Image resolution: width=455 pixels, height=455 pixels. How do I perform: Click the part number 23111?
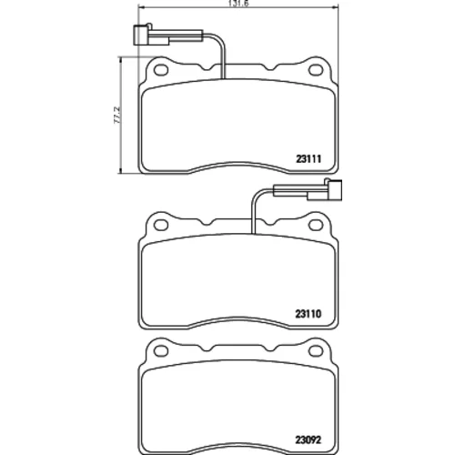308,158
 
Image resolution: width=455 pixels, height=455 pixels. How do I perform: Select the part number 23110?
308,314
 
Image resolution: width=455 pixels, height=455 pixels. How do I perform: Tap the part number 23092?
308,440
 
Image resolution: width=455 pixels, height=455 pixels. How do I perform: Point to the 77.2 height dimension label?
117,115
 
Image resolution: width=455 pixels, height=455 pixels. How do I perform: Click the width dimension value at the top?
238,4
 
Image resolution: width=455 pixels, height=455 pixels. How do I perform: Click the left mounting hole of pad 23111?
161,70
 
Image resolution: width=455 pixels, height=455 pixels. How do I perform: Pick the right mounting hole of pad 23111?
316,70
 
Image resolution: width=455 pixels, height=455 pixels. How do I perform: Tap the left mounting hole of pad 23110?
161,225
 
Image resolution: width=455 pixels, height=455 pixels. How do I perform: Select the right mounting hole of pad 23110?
316,225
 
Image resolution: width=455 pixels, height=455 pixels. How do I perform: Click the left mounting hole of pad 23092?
161,350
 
